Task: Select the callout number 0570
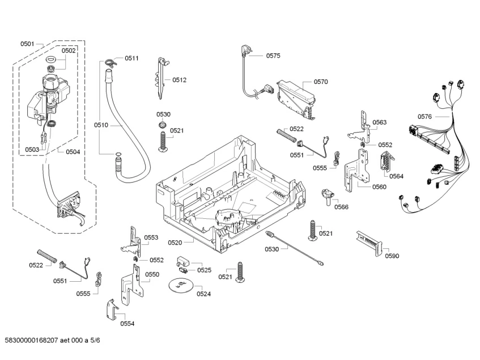coord(321,82)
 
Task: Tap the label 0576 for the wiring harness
coord(424,116)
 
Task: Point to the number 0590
coord(392,256)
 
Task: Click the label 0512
coord(179,80)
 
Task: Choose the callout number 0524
coord(203,294)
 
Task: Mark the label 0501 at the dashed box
coord(27,44)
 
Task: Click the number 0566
coord(341,207)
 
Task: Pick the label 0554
coord(128,324)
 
